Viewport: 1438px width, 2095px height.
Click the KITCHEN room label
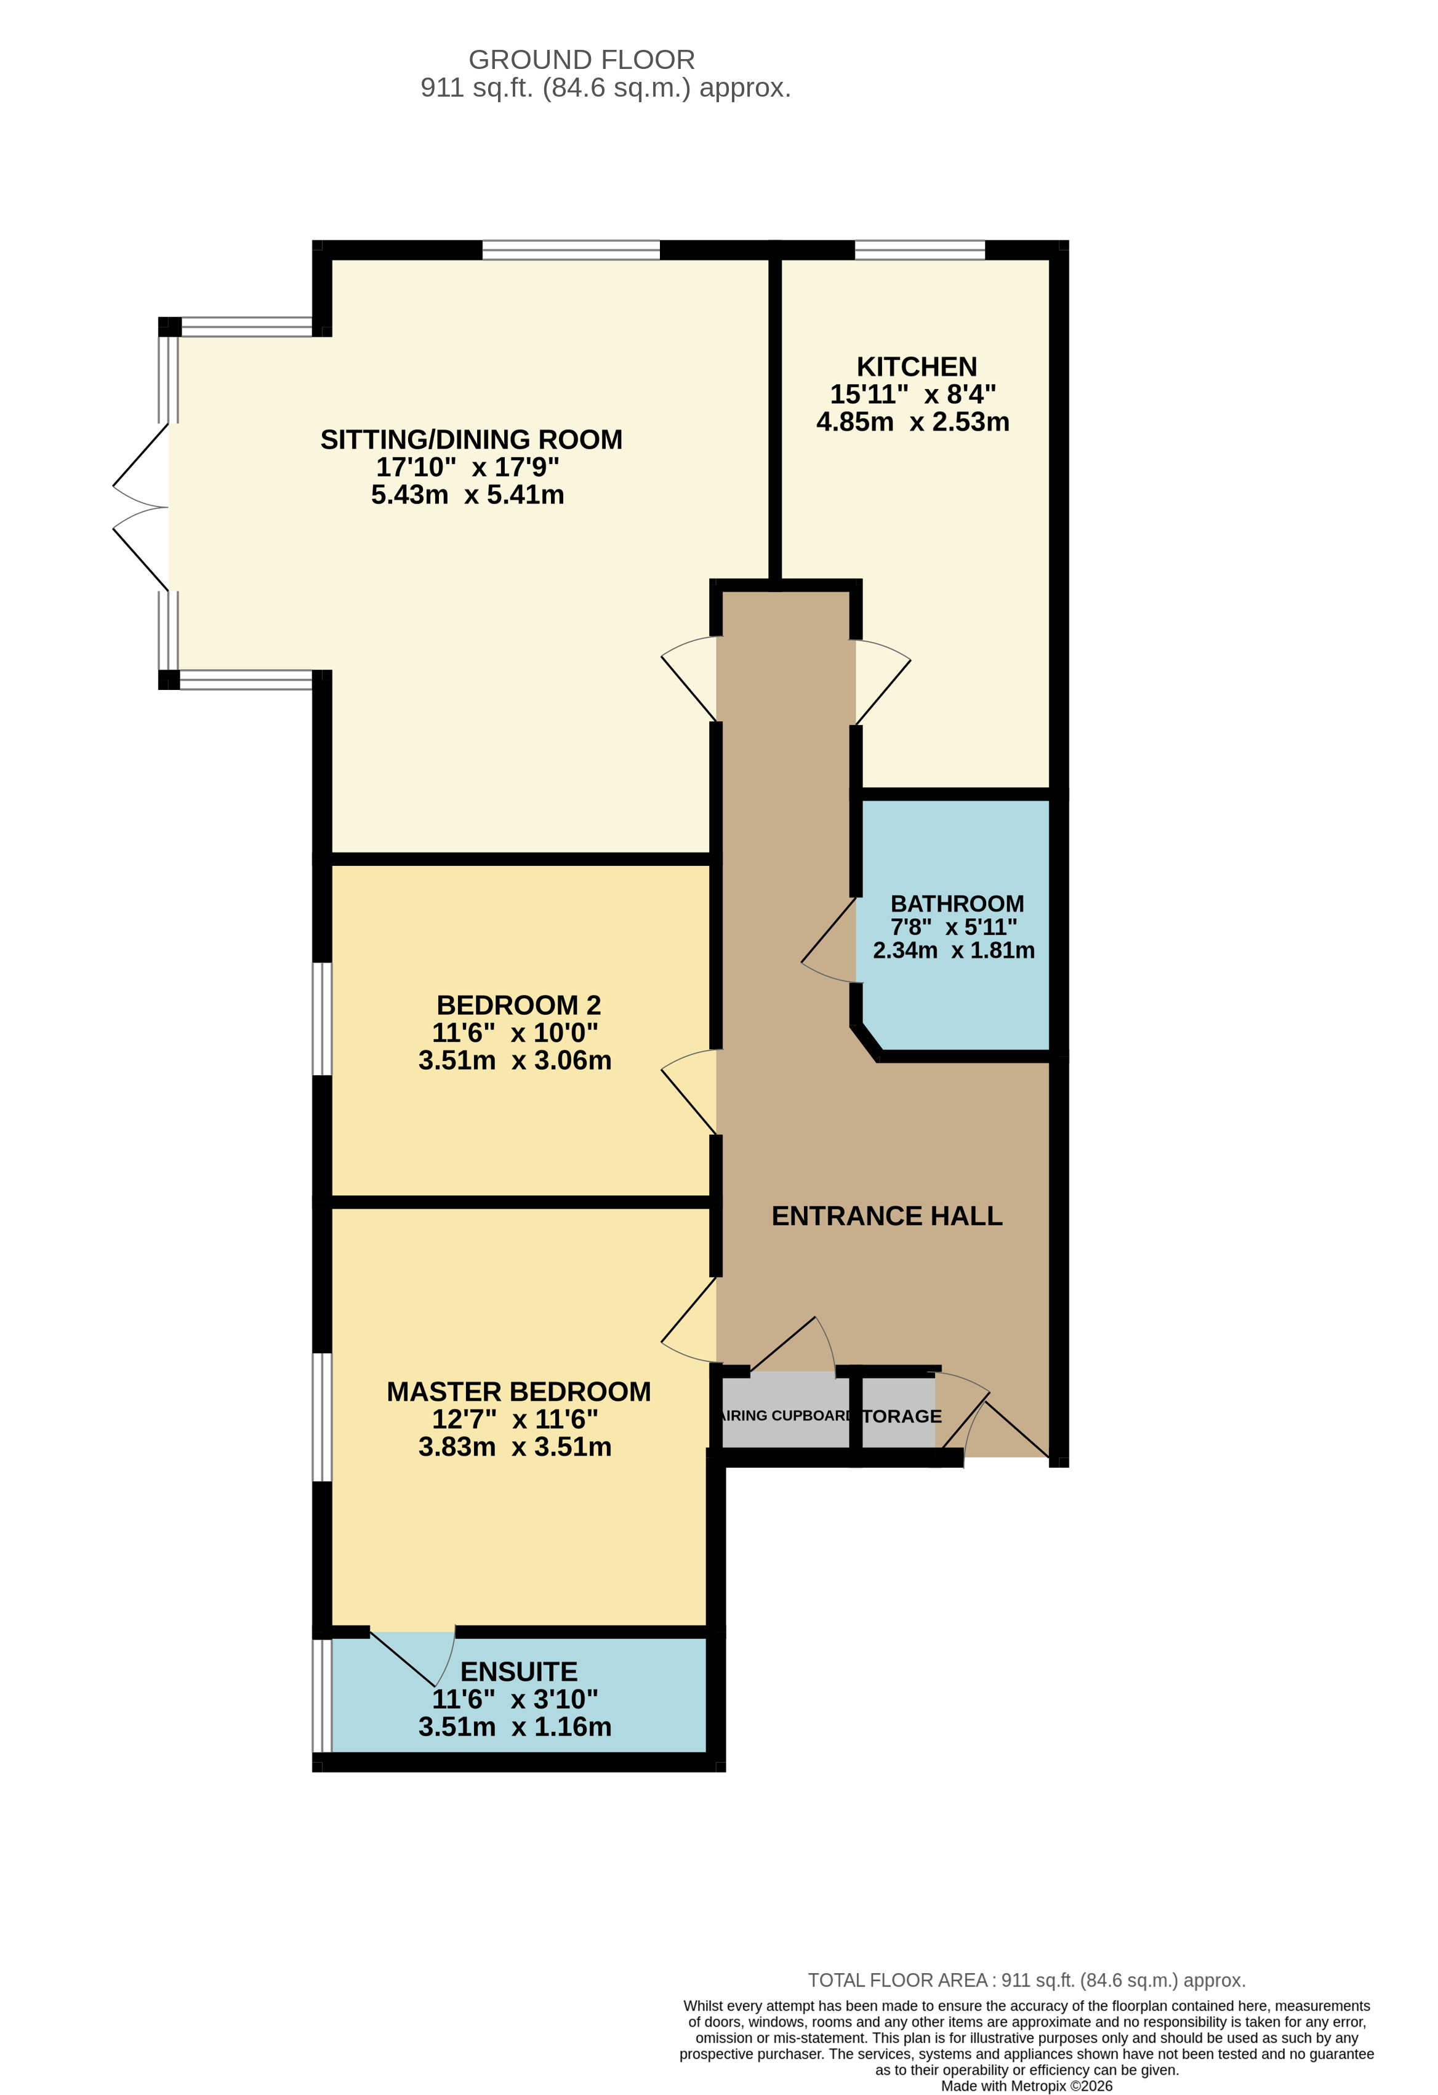(x=916, y=367)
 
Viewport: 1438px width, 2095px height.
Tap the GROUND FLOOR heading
(x=582, y=60)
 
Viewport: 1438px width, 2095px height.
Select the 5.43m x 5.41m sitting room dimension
(x=467, y=495)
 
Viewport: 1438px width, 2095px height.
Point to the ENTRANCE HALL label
(x=886, y=1216)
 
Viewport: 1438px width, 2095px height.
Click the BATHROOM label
(x=957, y=903)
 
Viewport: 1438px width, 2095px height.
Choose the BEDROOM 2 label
(x=518, y=1005)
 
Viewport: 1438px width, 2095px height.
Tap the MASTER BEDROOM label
(x=518, y=1392)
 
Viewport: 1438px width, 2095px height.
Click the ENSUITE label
(x=518, y=1672)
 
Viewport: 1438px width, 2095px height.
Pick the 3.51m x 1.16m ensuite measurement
(x=515, y=1727)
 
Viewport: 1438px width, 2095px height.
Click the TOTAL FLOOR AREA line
(x=1026, y=1981)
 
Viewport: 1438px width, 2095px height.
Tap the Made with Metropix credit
(x=1026, y=2086)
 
